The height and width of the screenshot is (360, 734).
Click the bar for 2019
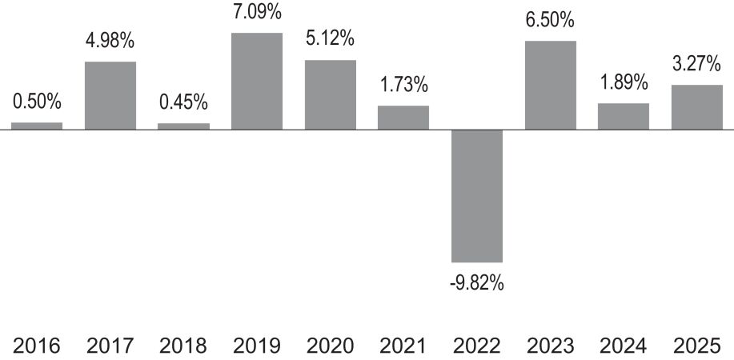click(257, 81)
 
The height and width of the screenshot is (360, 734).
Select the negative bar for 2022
click(477, 196)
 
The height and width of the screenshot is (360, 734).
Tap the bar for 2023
click(551, 86)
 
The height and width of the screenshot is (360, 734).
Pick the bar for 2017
click(110, 95)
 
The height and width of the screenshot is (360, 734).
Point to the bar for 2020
click(331, 94)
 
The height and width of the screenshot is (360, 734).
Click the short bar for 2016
click(37, 126)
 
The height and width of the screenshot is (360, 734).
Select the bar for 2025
click(697, 107)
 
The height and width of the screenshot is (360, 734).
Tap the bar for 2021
click(403, 118)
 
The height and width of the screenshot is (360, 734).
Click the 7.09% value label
click(258, 12)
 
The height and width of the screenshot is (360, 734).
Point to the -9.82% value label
click(477, 282)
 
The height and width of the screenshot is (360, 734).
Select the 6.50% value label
click(551, 21)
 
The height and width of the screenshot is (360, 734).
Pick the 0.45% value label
click(183, 103)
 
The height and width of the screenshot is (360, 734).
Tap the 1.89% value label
click(624, 83)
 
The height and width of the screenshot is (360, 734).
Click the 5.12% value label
click(331, 39)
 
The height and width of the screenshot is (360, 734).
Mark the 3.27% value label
click(697, 64)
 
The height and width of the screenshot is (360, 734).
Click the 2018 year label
click(183, 346)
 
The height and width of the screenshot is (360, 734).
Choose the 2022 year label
click(477, 346)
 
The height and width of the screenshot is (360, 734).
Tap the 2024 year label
click(624, 346)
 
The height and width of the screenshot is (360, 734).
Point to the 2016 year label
click(37, 346)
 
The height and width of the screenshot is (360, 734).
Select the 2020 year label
click(331, 346)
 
